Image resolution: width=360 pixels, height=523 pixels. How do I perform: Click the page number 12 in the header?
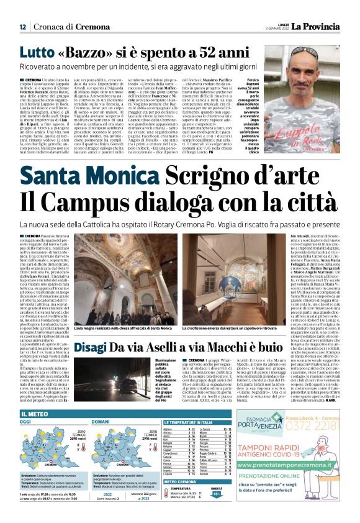(x=23, y=27)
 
